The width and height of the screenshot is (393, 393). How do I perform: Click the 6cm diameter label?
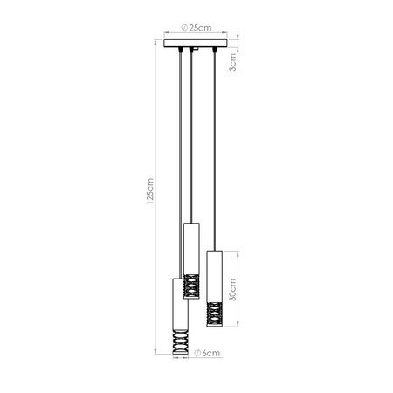[206, 354]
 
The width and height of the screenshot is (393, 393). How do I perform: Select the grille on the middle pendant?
[192, 286]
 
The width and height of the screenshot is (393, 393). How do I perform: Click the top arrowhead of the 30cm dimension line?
[238, 252]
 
